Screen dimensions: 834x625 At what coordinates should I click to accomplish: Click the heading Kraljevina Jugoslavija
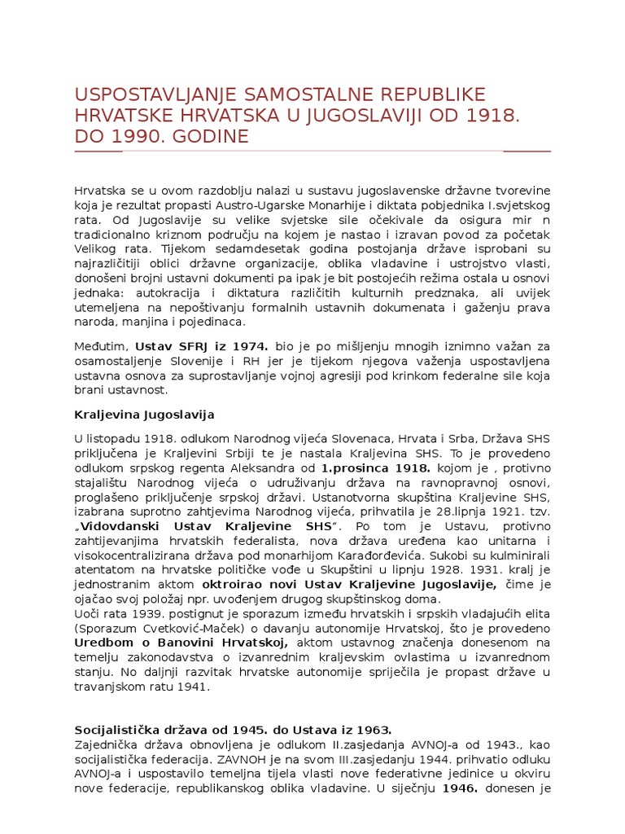click(x=144, y=414)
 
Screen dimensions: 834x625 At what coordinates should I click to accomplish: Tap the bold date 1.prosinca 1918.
click(x=375, y=469)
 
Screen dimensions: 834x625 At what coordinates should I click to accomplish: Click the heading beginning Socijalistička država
click(x=233, y=730)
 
